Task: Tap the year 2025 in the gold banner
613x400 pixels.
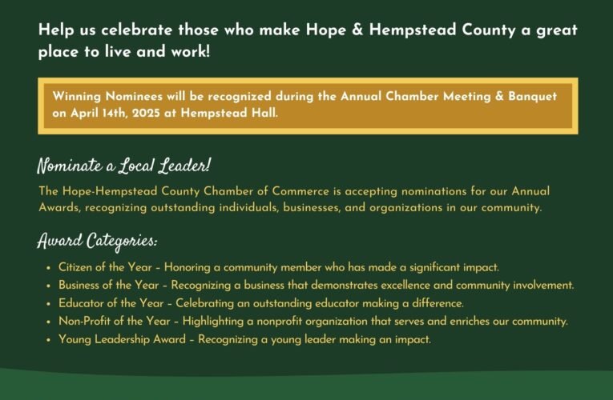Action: (139, 113)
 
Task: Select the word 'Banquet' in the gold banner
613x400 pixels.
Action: (529, 97)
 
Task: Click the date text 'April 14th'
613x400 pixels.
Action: (95, 113)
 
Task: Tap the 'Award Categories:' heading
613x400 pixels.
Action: (97, 241)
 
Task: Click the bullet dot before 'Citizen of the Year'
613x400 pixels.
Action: (49, 268)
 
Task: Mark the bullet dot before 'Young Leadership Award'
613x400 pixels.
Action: (49, 340)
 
